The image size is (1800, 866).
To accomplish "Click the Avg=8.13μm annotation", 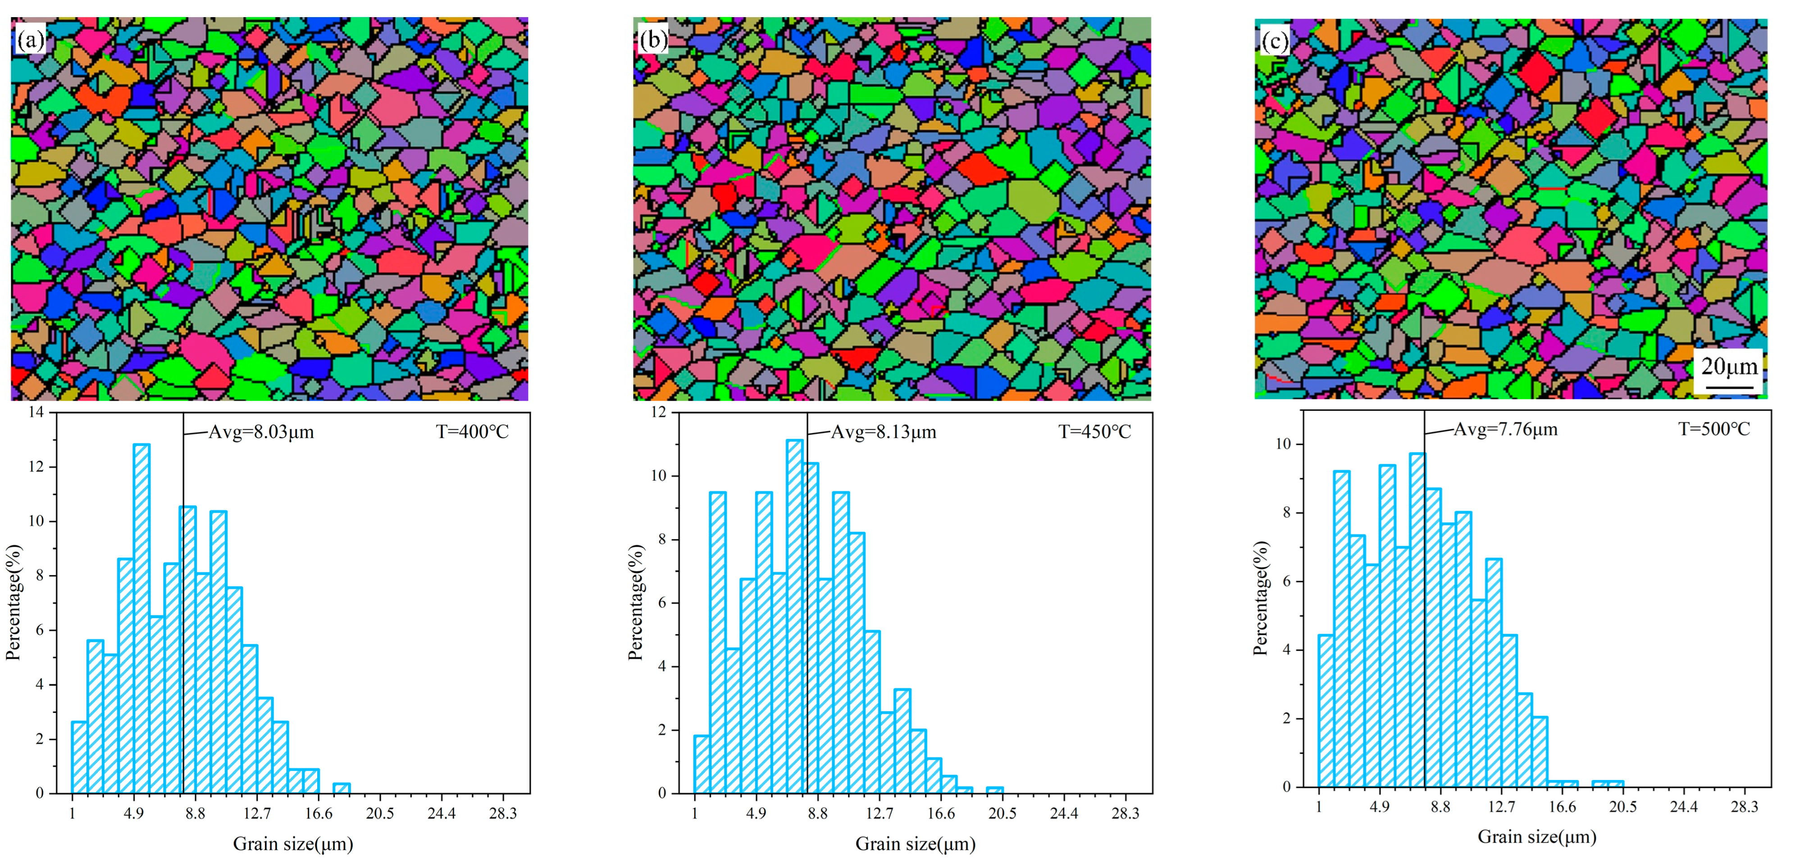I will pyautogui.click(x=883, y=432).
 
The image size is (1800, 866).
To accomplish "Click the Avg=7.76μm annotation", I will pyautogui.click(x=1505, y=430).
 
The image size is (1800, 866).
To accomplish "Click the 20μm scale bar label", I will pyautogui.click(x=1729, y=367).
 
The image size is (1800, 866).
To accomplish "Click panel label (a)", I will pyautogui.click(x=30, y=40).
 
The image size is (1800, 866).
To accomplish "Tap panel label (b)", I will pyautogui.click(x=652, y=40).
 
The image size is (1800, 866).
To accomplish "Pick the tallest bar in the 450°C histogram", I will pyautogui.click(x=794, y=616).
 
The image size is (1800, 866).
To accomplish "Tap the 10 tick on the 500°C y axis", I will pyautogui.click(x=1283, y=444).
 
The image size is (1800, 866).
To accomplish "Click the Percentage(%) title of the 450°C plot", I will pyautogui.click(x=635, y=602).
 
